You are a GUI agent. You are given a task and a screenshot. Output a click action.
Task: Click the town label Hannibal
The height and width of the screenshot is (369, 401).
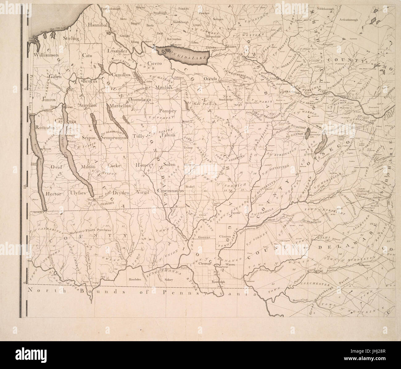(x=97, y=25)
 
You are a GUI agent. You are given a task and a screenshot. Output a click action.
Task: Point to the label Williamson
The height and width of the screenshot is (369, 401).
(x=46, y=55)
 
